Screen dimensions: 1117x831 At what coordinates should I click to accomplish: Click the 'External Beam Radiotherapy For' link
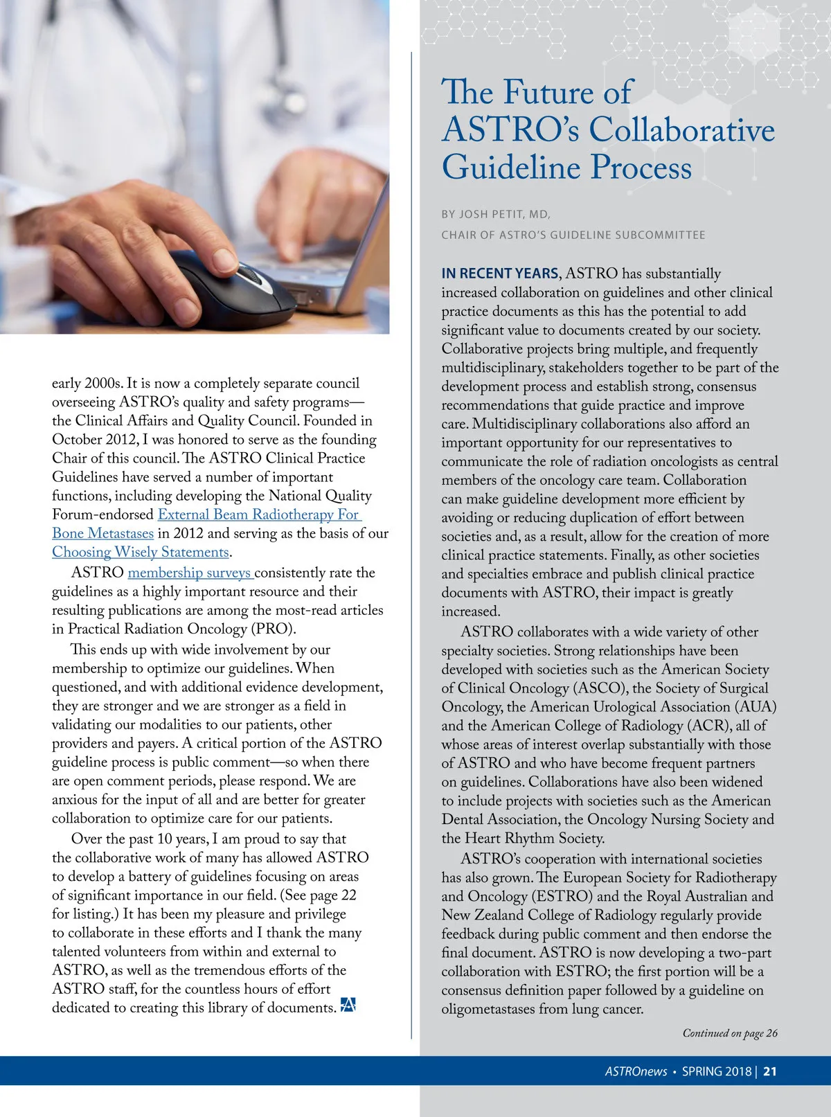tap(259, 515)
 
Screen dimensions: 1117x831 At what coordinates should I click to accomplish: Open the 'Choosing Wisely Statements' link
tap(141, 552)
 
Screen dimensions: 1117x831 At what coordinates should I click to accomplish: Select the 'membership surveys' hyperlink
tap(190, 573)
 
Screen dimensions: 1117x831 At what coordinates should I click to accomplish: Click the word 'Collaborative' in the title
tap(681, 129)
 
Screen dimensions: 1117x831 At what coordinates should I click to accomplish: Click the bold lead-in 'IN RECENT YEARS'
tap(500, 274)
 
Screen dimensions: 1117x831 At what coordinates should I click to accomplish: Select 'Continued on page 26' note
tap(730, 1033)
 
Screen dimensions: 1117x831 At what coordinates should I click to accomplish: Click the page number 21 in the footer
tap(770, 1071)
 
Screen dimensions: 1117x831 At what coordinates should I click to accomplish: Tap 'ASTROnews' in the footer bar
tap(636, 1071)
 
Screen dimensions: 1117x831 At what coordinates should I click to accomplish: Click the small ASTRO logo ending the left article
tap(348, 1006)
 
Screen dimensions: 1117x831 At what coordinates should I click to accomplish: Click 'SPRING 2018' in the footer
tap(717, 1071)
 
